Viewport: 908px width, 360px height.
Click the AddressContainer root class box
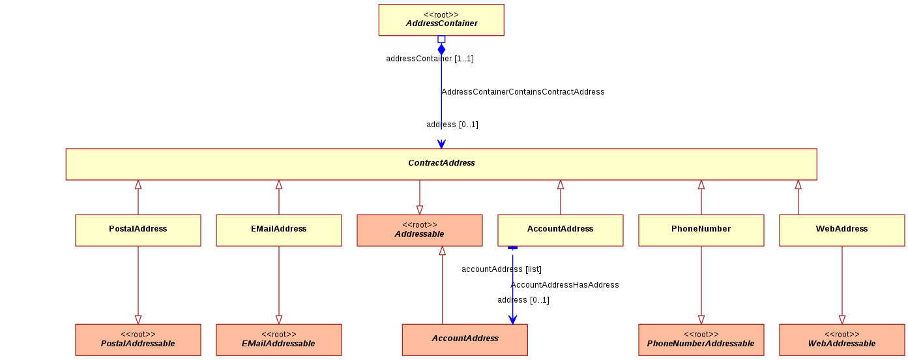click(441, 20)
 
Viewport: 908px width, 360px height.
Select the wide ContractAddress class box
click(441, 164)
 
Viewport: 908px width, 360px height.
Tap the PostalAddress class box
click(138, 230)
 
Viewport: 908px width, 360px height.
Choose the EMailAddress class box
click(279, 230)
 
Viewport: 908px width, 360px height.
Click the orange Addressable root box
click(420, 230)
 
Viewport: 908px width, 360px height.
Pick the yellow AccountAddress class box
click(560, 230)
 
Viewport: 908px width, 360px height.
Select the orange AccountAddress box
click(465, 340)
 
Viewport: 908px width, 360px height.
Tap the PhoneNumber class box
click(701, 230)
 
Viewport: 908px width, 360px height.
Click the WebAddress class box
click(842, 230)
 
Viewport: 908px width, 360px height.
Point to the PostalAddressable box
click(138, 340)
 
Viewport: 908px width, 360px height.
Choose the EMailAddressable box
click(279, 340)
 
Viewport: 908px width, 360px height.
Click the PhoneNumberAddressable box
click(701, 340)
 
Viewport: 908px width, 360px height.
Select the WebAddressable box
click(842, 340)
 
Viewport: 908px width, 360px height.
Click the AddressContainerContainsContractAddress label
click(523, 92)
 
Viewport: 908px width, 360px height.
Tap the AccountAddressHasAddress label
click(564, 285)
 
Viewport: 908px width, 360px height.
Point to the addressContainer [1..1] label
click(430, 59)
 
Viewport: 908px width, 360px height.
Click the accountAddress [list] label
click(501, 269)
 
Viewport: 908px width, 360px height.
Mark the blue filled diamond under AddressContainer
click(441, 50)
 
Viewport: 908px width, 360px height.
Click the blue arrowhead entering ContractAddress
click(441, 144)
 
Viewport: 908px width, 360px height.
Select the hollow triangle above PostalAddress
click(138, 185)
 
